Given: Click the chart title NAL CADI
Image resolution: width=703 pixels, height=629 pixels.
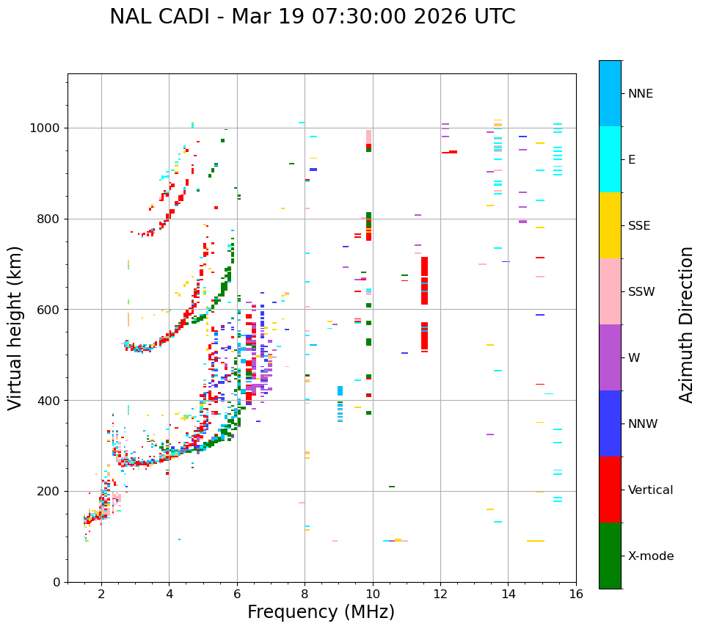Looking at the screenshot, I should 312,17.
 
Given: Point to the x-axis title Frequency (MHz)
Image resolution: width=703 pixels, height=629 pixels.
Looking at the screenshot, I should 321,612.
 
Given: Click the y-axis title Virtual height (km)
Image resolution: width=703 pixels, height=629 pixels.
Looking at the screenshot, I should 15,327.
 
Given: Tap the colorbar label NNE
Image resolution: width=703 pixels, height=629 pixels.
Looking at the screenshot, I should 640,94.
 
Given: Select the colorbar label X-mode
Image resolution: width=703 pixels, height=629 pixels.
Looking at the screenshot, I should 650,556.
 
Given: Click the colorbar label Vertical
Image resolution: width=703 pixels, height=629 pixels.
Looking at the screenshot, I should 650,490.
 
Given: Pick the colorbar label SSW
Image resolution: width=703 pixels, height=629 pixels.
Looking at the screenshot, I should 641,292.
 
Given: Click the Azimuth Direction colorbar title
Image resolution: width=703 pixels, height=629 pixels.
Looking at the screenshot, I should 686,324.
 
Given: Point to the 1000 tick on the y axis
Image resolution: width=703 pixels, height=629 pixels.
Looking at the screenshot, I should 48,128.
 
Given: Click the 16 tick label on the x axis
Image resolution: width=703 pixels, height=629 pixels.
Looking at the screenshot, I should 575,595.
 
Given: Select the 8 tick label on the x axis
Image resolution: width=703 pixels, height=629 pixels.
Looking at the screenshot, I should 305,595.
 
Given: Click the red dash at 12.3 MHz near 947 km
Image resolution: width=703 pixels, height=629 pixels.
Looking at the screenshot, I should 453,152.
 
